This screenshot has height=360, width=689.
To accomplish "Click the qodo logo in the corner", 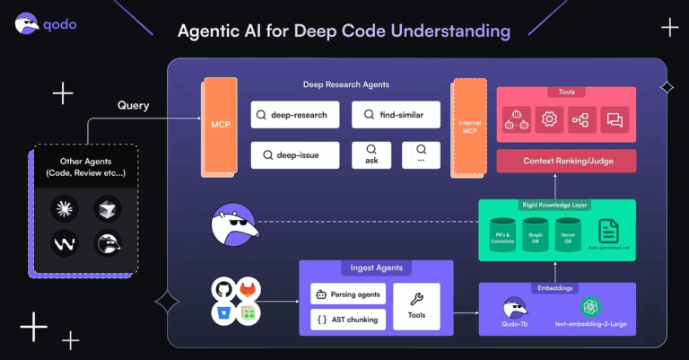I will click(45, 23).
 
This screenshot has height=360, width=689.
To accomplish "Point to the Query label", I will click(133, 105).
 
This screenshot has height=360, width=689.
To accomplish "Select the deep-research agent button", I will click(294, 115).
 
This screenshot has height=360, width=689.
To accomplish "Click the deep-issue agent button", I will click(294, 155).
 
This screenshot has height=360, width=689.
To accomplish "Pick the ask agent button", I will click(371, 155).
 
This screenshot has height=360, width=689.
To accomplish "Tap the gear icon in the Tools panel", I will click(548, 119).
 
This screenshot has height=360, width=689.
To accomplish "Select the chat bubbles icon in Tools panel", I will click(615, 119).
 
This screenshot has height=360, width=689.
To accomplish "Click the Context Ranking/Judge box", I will click(566, 162).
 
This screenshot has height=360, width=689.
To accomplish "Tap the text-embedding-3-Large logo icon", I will click(591, 307).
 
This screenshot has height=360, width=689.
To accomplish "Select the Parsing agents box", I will click(348, 294).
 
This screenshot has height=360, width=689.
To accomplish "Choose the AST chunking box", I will click(348, 320).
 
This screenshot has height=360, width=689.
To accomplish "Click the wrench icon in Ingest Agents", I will click(417, 299).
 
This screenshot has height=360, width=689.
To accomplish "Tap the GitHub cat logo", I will click(222, 290).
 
